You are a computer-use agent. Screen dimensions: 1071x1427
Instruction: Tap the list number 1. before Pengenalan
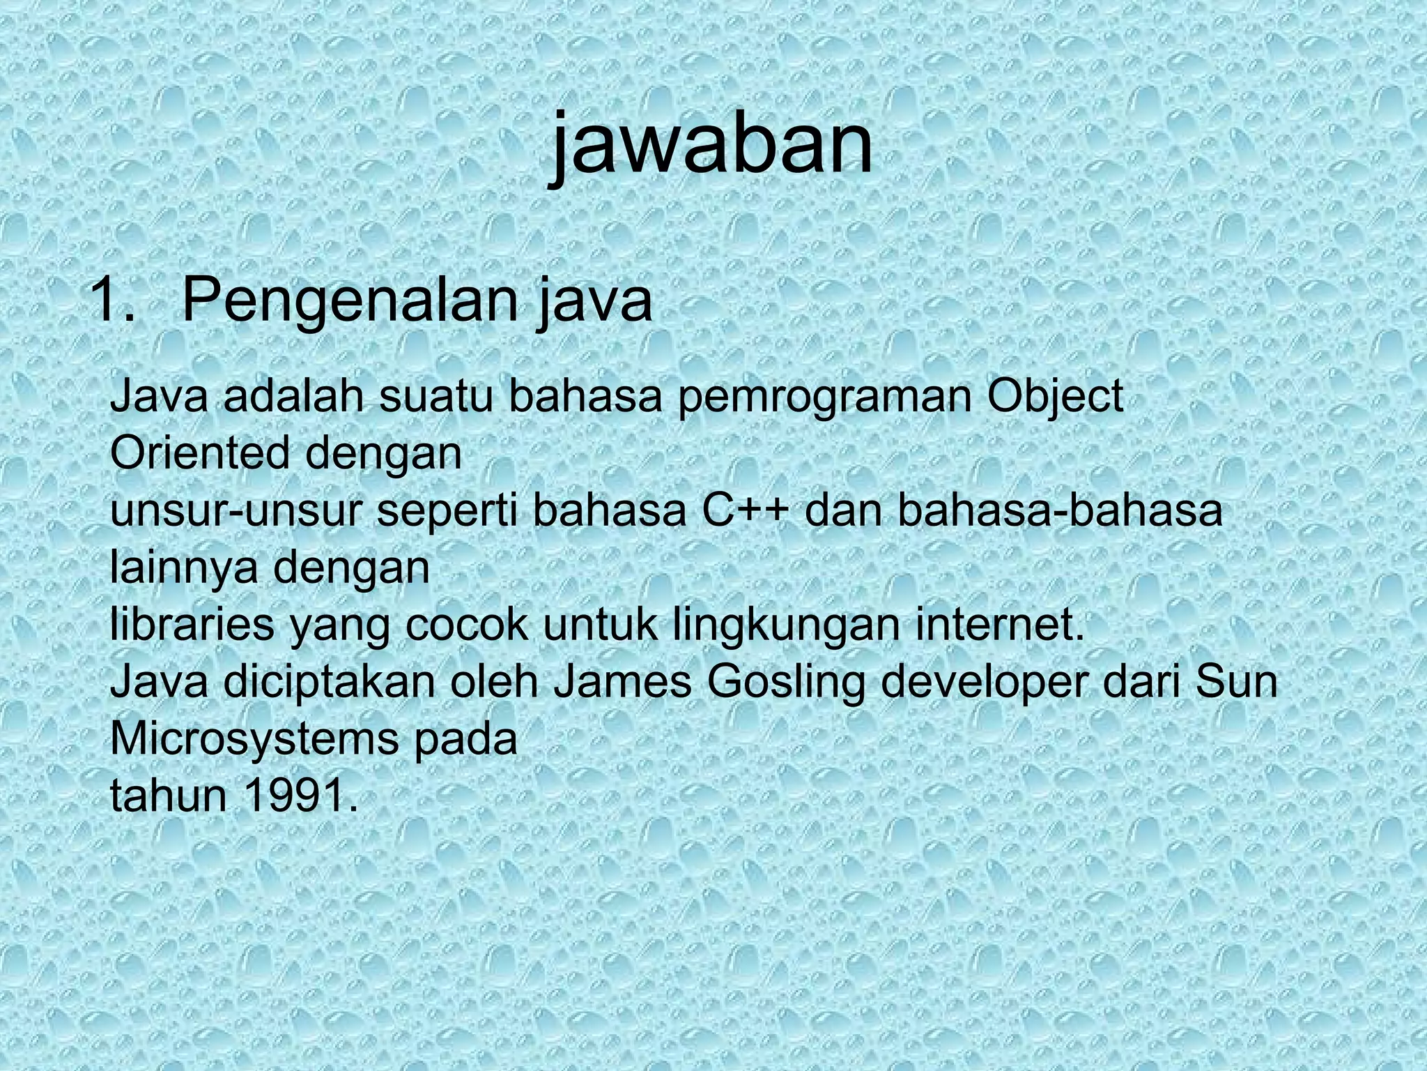[x=113, y=301]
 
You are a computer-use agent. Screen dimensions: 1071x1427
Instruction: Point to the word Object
[x=1056, y=398]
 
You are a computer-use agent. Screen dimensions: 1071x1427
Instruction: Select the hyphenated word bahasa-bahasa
[x=1059, y=511]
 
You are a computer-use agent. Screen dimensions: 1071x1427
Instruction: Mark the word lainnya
[x=184, y=568]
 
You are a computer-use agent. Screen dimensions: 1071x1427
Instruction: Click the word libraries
[x=192, y=625]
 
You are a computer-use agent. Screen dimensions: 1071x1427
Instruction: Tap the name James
[x=622, y=683]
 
